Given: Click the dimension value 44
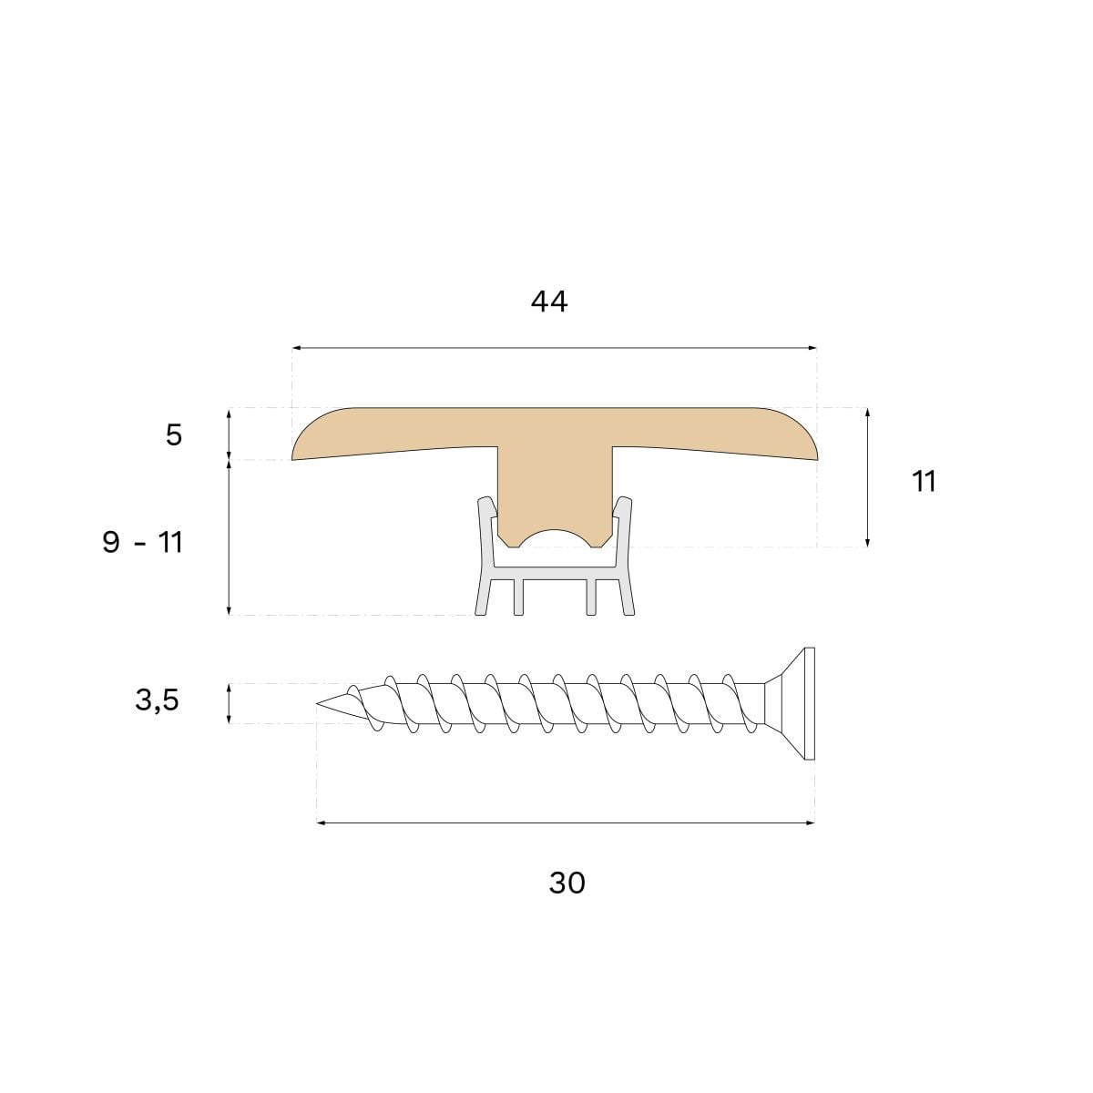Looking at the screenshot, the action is [548, 301].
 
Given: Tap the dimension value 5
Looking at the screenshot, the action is [174, 435].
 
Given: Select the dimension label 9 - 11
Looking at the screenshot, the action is [142, 543].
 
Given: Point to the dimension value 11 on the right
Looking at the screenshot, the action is [924, 481].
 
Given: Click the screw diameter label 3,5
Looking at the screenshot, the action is [157, 700].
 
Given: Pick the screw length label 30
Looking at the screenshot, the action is [567, 884].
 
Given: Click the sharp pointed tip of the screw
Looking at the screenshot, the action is [317, 704].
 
